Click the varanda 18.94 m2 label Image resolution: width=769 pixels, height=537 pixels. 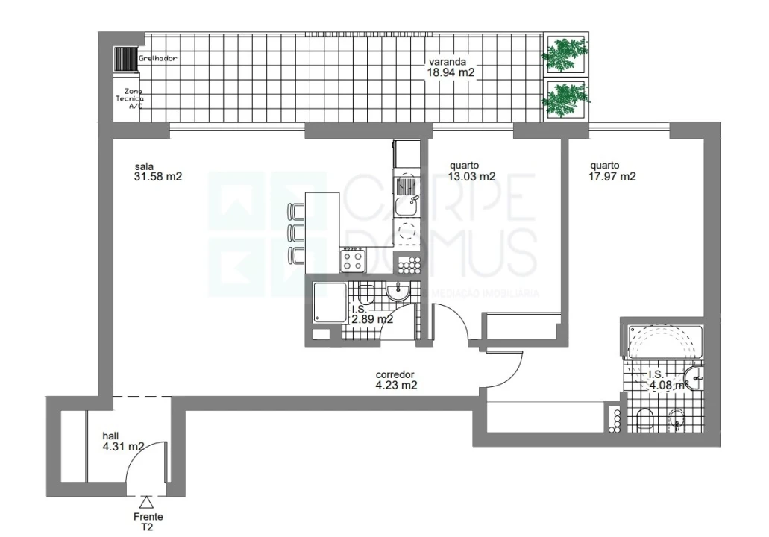(x=451, y=68)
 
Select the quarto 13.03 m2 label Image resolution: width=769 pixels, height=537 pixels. (x=472, y=172)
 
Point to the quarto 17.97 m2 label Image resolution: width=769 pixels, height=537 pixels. (x=612, y=172)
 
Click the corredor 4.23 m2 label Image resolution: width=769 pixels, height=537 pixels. (x=395, y=380)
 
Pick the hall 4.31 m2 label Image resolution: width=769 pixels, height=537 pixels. (x=123, y=442)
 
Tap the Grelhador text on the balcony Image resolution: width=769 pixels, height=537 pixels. (x=157, y=58)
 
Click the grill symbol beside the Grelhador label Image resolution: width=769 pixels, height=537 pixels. (x=125, y=59)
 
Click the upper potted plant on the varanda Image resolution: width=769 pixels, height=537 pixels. (x=565, y=53)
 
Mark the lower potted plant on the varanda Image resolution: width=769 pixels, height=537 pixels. (x=565, y=98)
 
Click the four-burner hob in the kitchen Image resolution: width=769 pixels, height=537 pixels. (x=352, y=260)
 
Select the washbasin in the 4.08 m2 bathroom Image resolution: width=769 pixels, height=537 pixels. (x=694, y=380)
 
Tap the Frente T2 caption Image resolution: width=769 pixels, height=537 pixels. (x=148, y=521)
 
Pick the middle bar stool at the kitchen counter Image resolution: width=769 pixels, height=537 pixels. (x=297, y=232)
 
